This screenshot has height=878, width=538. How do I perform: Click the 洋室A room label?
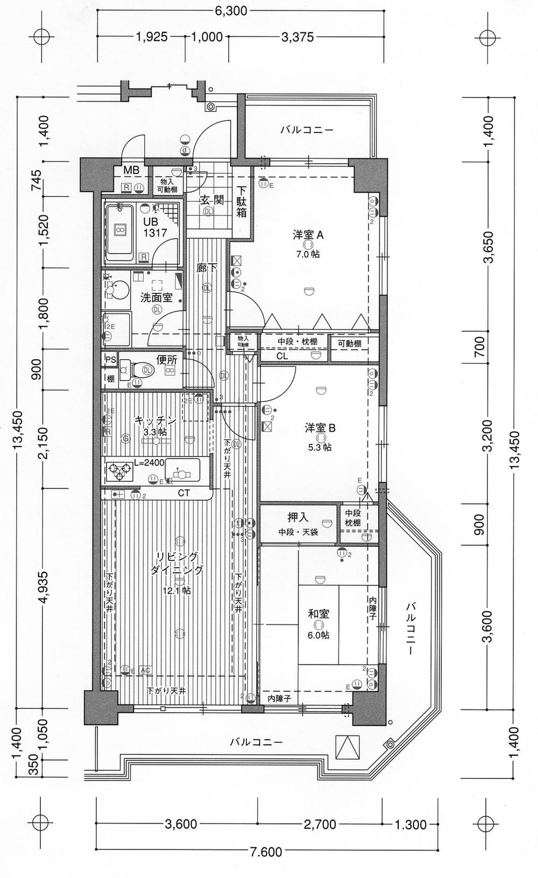[308, 235]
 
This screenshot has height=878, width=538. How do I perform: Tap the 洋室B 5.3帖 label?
[320, 429]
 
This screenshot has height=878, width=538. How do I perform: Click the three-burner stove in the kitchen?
[119, 472]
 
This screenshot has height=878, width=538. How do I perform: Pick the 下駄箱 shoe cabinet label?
[242, 202]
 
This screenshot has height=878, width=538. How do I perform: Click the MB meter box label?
[131, 171]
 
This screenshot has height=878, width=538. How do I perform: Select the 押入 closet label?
[298, 518]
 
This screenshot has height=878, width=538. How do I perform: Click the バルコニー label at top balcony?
[307, 130]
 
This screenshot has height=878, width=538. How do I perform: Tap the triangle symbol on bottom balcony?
[345, 747]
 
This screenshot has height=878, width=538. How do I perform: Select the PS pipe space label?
[110, 360]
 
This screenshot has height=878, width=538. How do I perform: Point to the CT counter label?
[184, 493]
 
